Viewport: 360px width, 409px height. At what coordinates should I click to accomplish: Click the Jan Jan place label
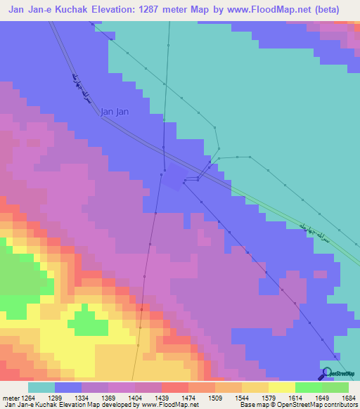pos(115,111)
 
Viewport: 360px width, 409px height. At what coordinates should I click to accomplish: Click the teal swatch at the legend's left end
pos(41,387)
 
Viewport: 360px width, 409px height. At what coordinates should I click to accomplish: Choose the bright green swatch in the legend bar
pos(309,387)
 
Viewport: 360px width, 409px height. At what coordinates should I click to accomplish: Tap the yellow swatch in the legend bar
pos(282,387)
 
